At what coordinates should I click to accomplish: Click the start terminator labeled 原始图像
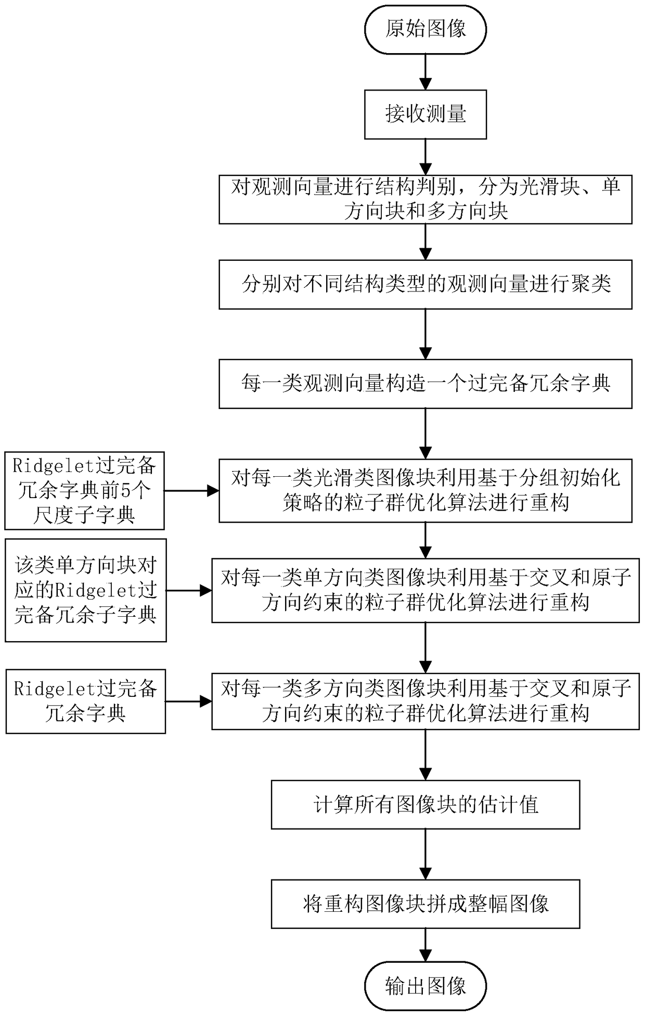pos(425,29)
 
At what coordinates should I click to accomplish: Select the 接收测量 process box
pos(425,114)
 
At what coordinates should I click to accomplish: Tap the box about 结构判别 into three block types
pos(425,199)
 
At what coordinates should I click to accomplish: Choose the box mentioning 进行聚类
pos(425,285)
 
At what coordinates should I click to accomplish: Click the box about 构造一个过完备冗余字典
pos(425,384)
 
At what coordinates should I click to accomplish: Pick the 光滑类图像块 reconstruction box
pos(425,490)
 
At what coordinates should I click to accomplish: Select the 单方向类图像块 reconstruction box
pos(425,590)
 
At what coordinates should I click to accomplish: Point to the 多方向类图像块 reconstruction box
pos(425,701)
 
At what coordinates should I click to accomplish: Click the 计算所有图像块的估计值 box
pos(425,805)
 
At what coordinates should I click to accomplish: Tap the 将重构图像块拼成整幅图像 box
pos(425,904)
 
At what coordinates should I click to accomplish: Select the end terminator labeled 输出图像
pos(425,987)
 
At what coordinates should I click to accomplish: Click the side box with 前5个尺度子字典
pos(84,490)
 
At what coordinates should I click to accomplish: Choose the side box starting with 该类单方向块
pos(85,590)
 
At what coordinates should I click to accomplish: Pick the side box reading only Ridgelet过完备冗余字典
pos(85,701)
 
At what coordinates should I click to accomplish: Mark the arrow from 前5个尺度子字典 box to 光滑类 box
pos(191,490)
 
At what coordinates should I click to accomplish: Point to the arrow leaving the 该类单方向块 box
pos(189,591)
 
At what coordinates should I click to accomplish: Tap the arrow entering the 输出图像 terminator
pos(425,945)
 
